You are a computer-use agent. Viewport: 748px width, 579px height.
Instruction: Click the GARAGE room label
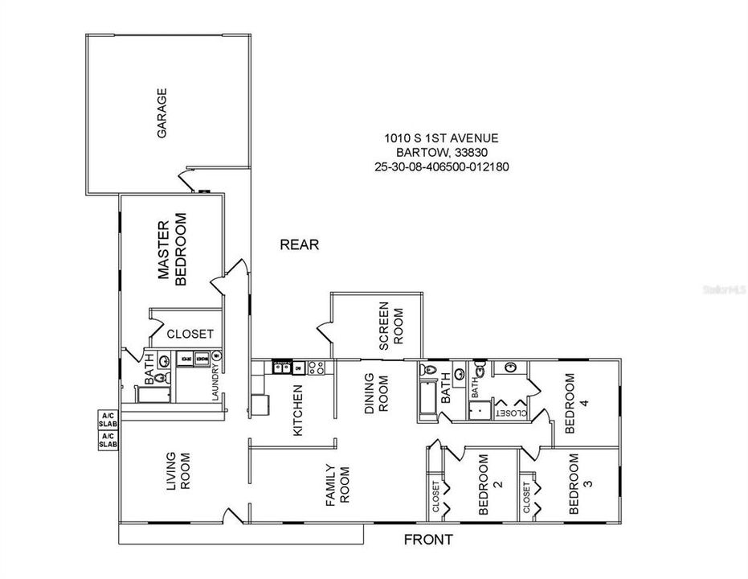coord(161,113)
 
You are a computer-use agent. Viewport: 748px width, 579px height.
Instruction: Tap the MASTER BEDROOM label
coord(172,249)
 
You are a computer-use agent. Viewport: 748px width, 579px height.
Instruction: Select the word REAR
coord(300,244)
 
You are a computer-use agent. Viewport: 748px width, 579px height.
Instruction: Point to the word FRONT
coord(427,540)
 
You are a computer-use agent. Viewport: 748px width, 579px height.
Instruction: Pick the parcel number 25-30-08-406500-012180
coord(442,167)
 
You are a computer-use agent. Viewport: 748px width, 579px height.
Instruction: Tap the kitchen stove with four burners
coord(316,368)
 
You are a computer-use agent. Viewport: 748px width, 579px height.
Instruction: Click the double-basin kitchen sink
coord(281,368)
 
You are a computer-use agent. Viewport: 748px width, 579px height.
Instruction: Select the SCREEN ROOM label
coord(390,326)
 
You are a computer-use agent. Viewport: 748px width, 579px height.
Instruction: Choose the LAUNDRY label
coord(215,384)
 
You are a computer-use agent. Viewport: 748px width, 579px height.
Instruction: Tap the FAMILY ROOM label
coord(338,485)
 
